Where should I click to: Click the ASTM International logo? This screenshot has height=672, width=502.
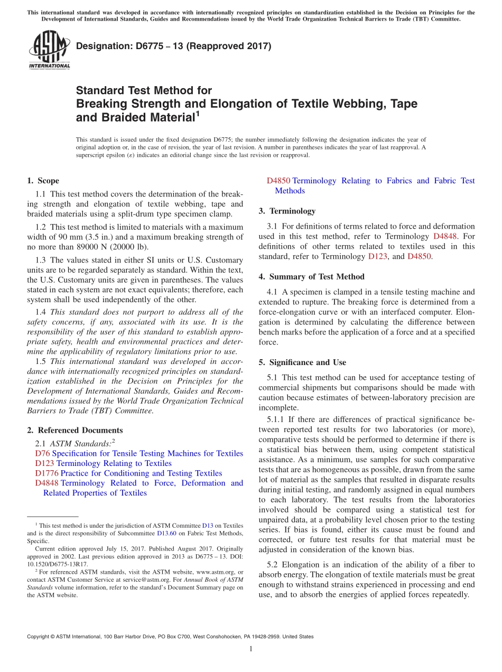point(49,50)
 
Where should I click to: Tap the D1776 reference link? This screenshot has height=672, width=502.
point(47,473)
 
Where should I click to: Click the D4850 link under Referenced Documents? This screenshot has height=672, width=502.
point(278,181)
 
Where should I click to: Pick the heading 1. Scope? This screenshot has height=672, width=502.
point(43,181)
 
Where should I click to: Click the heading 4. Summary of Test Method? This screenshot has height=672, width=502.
point(311,276)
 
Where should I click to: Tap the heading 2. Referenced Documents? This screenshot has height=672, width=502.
point(75,430)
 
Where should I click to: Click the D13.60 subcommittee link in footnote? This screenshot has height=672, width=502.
point(166,534)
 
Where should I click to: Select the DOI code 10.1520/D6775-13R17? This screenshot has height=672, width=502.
point(58,564)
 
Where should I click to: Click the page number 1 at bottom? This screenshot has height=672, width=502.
point(251,649)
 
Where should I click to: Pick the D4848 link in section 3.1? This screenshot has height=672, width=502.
point(445,237)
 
